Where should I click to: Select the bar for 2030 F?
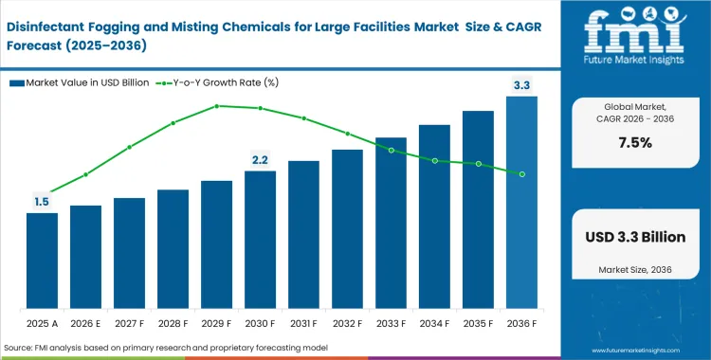[x=260, y=242]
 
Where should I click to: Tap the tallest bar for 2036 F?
[x=521, y=204]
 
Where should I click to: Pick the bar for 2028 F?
[x=173, y=251]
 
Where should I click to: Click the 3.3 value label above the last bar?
[x=521, y=86]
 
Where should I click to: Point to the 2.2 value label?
[x=260, y=159]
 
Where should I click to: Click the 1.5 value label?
[x=42, y=202]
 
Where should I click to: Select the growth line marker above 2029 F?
[x=216, y=106]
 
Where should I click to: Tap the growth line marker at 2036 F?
[x=521, y=173]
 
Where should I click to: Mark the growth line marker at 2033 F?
[x=391, y=150]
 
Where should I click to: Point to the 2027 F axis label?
[x=129, y=323]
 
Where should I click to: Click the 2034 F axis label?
[x=434, y=323]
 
